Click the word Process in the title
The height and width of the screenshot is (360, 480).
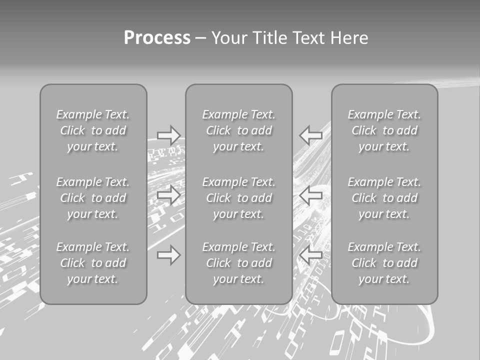[x=157, y=38]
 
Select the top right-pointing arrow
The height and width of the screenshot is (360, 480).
[x=169, y=135]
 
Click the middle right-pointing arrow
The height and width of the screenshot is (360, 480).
[x=169, y=195]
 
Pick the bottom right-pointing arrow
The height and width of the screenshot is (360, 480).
[x=169, y=255]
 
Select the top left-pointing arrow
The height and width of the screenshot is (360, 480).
[x=311, y=135]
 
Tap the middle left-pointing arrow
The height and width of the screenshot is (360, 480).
[x=311, y=195]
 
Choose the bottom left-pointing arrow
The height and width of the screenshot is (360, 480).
[x=311, y=255]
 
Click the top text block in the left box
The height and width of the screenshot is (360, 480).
[x=93, y=130]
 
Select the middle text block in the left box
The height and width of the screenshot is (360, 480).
[x=93, y=198]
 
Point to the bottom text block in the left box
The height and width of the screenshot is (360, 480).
[x=93, y=263]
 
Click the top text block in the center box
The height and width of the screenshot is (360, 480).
[x=239, y=130]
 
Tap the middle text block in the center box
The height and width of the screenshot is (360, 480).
[x=239, y=198]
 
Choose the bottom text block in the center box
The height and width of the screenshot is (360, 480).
[x=239, y=263]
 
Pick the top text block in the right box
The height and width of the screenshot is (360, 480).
[x=384, y=130]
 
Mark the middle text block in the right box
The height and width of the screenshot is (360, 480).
[x=384, y=198]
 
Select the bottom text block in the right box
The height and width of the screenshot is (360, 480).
[x=384, y=263]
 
